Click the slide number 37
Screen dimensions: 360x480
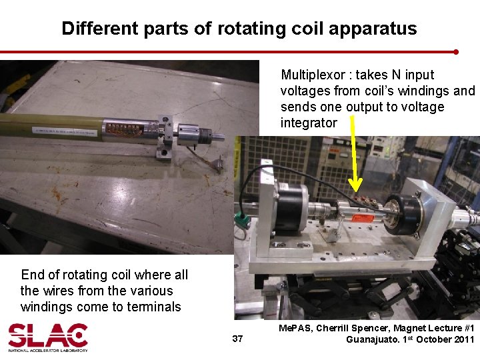pyautogui.click(x=237, y=339)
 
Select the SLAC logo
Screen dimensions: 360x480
pyautogui.click(x=47, y=337)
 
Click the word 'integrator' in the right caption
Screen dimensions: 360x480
pyautogui.click(x=309, y=123)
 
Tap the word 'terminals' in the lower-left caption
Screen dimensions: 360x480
pyautogui.click(x=154, y=307)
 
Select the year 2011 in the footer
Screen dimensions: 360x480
pyautogui.click(x=462, y=339)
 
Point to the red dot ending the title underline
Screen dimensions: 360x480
pyautogui.click(x=456, y=51)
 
